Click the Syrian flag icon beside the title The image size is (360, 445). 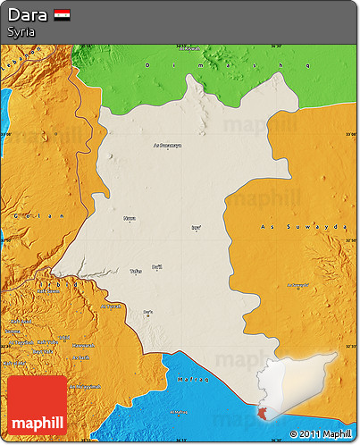coord(62,14)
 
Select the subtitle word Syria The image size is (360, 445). coord(21,31)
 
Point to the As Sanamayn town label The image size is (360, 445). coord(166,144)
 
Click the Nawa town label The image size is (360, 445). coord(130,217)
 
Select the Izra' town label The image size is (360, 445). coord(197,227)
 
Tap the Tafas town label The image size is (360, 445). coord(135,270)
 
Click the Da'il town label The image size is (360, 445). coord(157,266)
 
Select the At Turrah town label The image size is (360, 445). coord(111,306)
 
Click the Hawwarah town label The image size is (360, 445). coord(82,344)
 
